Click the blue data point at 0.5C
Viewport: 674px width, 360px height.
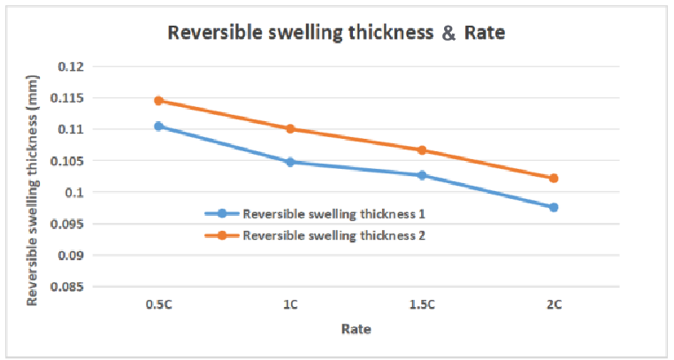pyautogui.click(x=158, y=126)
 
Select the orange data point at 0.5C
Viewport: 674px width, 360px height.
pyautogui.click(x=158, y=101)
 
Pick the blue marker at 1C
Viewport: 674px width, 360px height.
pyautogui.click(x=290, y=162)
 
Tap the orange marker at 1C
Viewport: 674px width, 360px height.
pyautogui.click(x=290, y=129)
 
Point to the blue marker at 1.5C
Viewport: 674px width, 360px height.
pyautogui.click(x=422, y=175)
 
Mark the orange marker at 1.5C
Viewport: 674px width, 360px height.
pyautogui.click(x=422, y=150)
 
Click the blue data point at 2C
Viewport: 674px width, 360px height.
pyautogui.click(x=554, y=207)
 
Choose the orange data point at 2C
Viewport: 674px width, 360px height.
pyautogui.click(x=554, y=178)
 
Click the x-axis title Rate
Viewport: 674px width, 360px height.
pyautogui.click(x=356, y=329)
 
